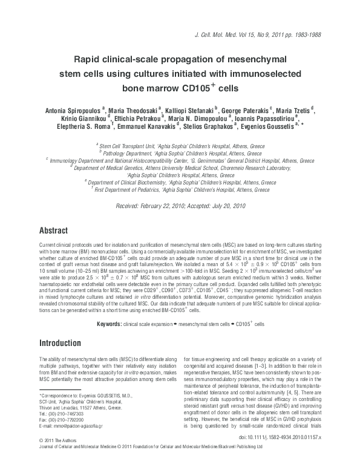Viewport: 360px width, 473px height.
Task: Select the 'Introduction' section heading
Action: [61, 344]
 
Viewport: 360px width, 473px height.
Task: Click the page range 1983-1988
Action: [310, 36]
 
